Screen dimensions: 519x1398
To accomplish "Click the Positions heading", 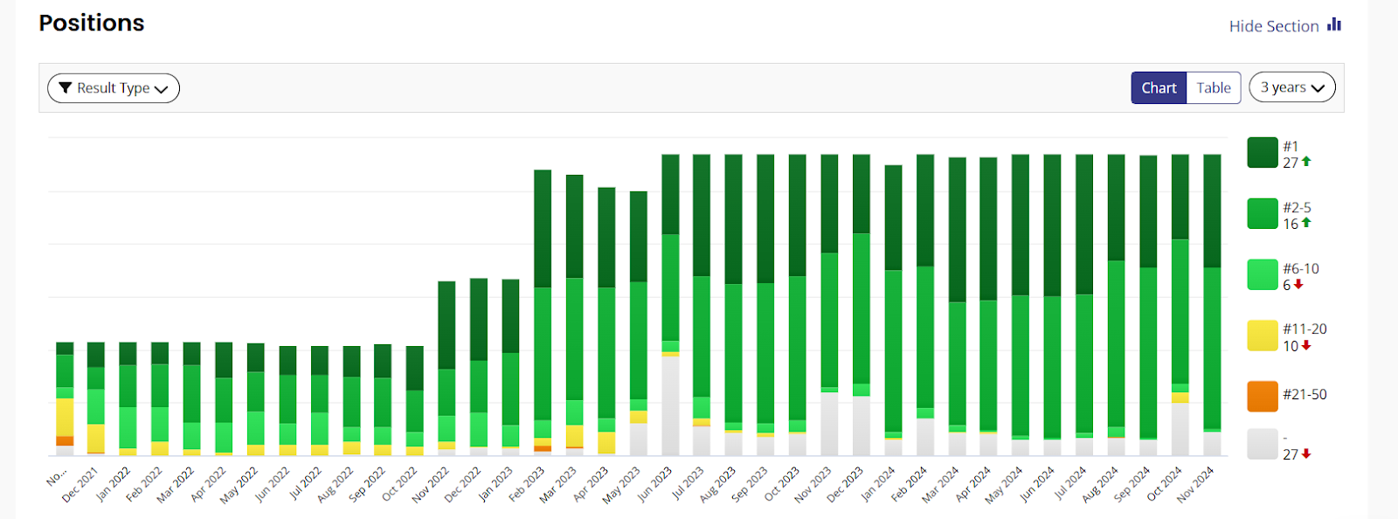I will pos(92,24).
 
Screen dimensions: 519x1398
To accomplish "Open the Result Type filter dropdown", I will pos(114,88).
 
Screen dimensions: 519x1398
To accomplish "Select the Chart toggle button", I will pos(1159,88).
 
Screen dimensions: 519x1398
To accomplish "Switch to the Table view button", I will pos(1214,88).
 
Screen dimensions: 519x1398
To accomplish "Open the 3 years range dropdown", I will pos(1292,87).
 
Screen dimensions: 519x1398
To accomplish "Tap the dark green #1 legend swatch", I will pos(1263,153).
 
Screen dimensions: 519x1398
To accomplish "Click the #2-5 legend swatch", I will pos(1263,214).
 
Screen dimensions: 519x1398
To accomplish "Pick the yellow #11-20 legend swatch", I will pos(1263,336).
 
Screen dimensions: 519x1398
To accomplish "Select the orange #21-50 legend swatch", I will pos(1263,396).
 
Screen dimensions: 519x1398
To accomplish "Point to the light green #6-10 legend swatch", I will pos(1263,274).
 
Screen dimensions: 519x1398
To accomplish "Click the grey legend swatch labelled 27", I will pos(1263,444).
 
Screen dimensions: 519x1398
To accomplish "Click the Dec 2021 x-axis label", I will pos(80,484).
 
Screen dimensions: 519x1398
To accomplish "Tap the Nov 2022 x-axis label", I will pos(430,484).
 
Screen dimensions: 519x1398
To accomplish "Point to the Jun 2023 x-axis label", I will pos(654,484).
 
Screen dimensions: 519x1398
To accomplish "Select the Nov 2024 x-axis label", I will pos(1195,484).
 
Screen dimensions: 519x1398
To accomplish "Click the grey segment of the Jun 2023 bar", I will pos(670,405).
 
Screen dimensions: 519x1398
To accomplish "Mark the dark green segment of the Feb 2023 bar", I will pos(543,228).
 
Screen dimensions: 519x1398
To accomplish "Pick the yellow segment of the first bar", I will pos(65,417).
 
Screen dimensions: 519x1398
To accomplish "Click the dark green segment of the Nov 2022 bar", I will pos(446,324).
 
